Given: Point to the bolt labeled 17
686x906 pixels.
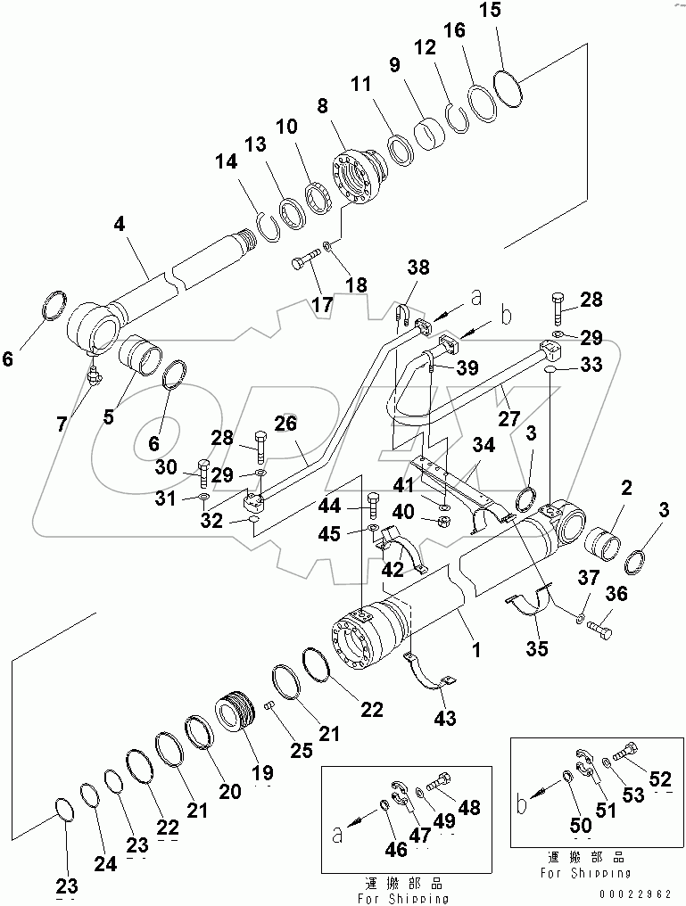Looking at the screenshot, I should [x=304, y=261].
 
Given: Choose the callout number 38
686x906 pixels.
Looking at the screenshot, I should [x=419, y=267].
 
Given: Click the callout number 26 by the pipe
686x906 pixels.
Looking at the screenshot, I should [x=285, y=426].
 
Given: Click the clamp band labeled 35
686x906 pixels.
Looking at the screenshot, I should [x=530, y=605].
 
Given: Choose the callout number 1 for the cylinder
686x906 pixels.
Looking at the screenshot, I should [x=475, y=650].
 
